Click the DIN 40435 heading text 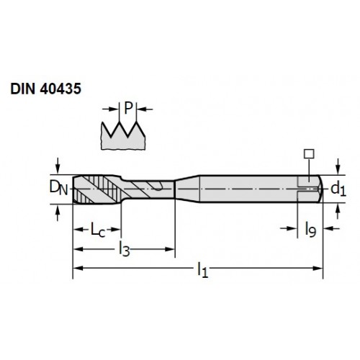click(46, 89)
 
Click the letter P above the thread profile click(128, 108)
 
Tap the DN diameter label click(58, 188)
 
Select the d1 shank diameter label click(338, 189)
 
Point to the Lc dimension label click(98, 230)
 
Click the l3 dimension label click(125, 249)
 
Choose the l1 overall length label click(202, 270)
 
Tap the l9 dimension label click(310, 230)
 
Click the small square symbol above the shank click(309, 154)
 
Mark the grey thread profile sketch click(123, 136)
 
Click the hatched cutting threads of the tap click(97, 189)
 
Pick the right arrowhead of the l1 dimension click(318, 268)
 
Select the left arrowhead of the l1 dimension click(78, 268)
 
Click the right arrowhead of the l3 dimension click(170, 249)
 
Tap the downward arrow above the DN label click(58, 166)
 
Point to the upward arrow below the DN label click(58, 213)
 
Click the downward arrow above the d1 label click(338, 166)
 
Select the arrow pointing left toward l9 click(332, 228)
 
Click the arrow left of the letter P click(111, 109)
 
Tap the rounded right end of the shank click(320, 189)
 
